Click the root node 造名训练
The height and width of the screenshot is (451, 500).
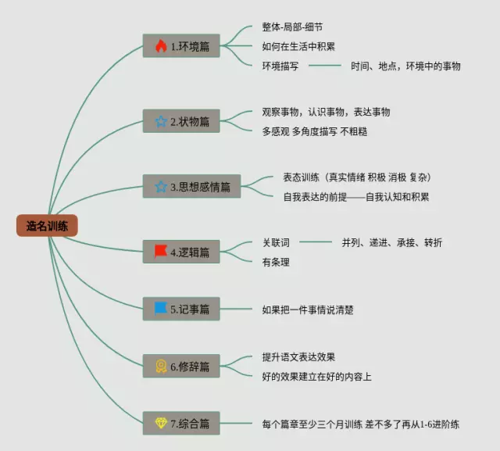pos(47,226)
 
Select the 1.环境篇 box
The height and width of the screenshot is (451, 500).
pos(182,46)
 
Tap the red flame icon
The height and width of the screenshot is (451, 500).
pos(161,46)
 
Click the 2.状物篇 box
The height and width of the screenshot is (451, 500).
pos(182,121)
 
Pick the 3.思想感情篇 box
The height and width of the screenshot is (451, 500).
pos(191,187)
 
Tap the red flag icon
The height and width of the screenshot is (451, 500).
pos(161,252)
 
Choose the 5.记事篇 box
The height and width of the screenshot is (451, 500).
pos(182,309)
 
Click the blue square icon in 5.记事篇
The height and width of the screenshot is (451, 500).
pos(161,308)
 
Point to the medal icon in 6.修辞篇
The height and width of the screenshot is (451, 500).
pos(161,366)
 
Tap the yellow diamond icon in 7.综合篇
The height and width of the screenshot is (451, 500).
pos(161,423)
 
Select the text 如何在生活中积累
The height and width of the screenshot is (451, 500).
pos(298,46)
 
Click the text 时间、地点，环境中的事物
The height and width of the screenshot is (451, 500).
pos(405,66)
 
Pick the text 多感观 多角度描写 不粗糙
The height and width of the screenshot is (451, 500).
pos(314,131)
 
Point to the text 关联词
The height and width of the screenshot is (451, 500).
pos(276,242)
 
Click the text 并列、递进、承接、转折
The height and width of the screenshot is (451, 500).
pos(391,242)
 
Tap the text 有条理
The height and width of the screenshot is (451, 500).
pos(276,262)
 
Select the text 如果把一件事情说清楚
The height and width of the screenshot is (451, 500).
pos(308,310)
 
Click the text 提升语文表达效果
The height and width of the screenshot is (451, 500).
pos(298,357)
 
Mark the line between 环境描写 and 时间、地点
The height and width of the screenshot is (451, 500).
pos(324,66)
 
